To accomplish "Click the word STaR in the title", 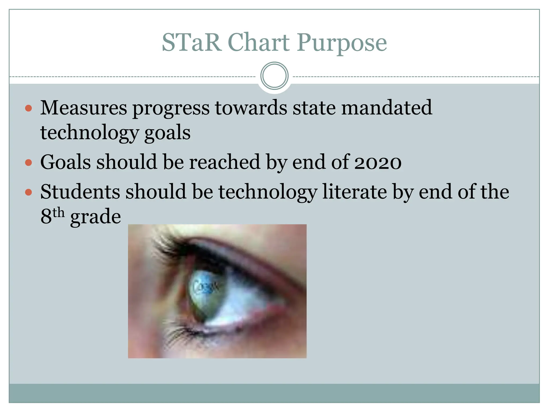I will click(192, 42).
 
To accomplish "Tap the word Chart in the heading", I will click(259, 42).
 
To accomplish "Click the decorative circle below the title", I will click(274, 76).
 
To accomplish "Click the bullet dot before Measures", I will click(28, 108).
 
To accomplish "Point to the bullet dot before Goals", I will click(28, 163).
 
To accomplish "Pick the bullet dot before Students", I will click(28, 192).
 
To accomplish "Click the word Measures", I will click(84, 108).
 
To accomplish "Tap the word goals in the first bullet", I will click(167, 133).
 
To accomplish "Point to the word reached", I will click(225, 162).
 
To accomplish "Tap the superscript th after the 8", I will click(58, 213).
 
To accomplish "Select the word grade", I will click(95, 217).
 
